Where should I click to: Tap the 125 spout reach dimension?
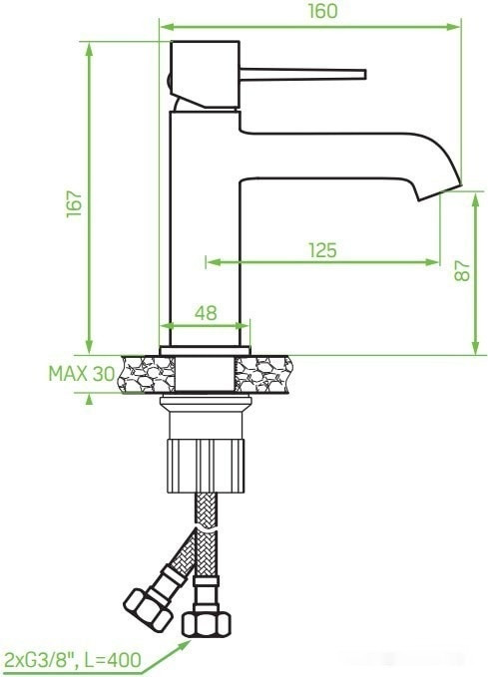click(321, 250)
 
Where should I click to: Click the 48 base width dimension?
click(205, 312)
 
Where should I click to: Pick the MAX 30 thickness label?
click(81, 374)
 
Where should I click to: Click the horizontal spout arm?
click(329, 160)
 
